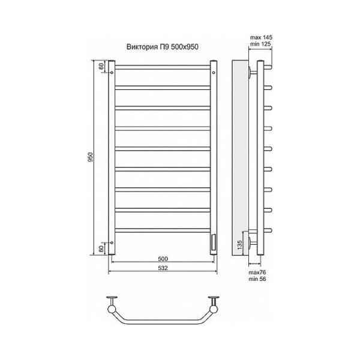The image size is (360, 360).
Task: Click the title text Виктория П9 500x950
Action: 163,47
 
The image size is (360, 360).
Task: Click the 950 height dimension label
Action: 91,157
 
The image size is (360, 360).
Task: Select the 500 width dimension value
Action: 163,259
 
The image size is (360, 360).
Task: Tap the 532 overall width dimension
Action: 163,268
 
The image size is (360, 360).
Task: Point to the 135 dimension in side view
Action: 239,245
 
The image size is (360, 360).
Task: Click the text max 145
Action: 261,37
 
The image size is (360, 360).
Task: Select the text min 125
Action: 260,44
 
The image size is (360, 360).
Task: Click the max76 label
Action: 257,272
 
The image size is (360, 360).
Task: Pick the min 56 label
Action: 257,279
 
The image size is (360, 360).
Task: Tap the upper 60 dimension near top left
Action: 101,67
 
